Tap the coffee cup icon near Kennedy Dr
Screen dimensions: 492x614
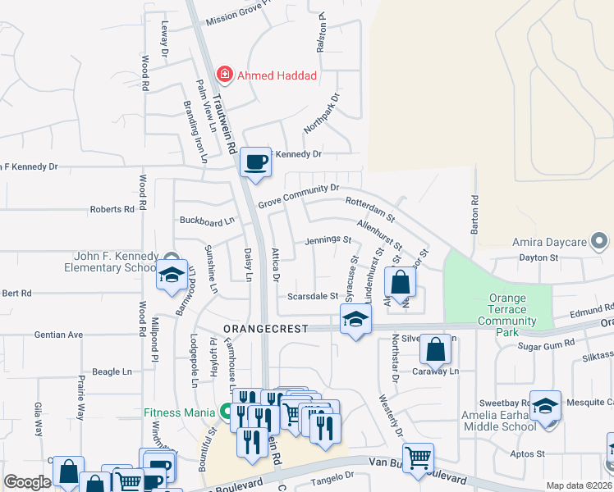click(256, 161)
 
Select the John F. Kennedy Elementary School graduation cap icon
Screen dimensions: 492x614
click(172, 277)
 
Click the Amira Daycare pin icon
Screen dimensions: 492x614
click(600, 243)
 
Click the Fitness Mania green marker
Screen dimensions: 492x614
click(225, 412)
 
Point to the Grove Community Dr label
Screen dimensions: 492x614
click(298, 195)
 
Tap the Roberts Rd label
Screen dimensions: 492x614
click(112, 210)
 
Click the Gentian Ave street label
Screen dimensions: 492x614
click(58, 335)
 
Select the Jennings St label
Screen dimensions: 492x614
click(328, 241)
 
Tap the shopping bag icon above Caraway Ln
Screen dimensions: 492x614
click(435, 349)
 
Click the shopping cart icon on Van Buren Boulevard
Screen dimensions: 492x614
click(418, 458)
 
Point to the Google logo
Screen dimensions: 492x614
click(26, 483)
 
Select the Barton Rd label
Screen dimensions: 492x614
click(474, 215)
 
